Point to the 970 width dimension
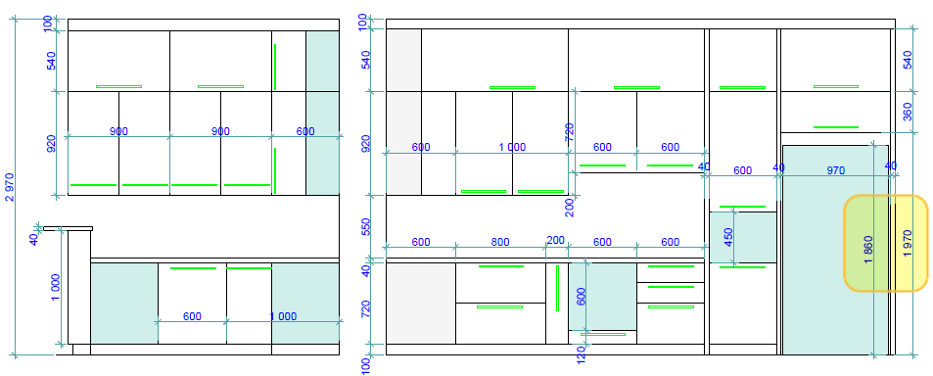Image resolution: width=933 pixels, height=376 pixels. click(835, 170)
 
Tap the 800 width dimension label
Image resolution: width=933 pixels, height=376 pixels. click(499, 242)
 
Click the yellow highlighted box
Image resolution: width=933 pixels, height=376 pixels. click(885, 243)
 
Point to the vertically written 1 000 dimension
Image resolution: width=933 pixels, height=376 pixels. click(57, 290)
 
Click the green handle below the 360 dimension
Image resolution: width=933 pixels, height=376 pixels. click(835, 126)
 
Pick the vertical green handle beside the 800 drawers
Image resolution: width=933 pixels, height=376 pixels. click(556, 287)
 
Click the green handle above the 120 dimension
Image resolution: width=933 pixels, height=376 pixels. click(603, 334)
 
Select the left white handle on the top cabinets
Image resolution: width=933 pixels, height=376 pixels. click(118, 86)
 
